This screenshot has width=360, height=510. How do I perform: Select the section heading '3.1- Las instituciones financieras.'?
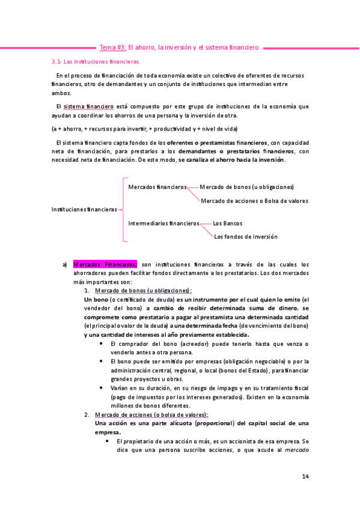pos(96,61)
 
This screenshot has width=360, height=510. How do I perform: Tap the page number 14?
pos(305,477)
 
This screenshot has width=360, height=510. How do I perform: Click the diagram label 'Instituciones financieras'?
pos(84,209)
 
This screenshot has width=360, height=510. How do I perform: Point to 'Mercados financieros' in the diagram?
pos(157,187)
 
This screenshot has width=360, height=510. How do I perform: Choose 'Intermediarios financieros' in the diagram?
pos(163,223)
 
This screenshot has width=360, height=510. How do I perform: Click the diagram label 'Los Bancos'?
pos(228,223)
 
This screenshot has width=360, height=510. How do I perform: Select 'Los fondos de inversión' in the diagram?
pos(246,236)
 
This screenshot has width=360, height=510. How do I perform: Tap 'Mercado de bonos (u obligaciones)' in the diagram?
pos(246,187)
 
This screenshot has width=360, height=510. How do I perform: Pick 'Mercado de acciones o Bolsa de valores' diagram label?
pos(255,200)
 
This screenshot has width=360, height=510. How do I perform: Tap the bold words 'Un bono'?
pos(96,300)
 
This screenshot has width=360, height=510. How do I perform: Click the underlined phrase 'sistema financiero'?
pos(88,106)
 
